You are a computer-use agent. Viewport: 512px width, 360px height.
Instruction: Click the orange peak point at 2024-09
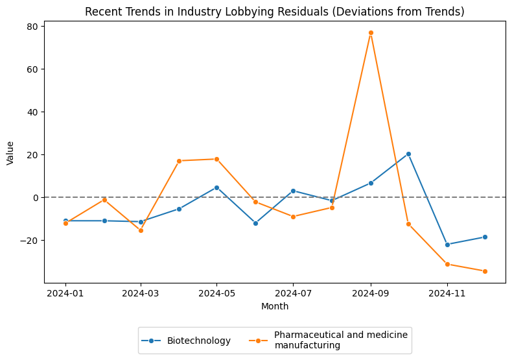(x=371, y=32)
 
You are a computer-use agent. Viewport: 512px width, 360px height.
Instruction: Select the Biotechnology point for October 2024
(x=408, y=154)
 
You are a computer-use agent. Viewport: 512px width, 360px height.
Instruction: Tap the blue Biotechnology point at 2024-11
(x=447, y=245)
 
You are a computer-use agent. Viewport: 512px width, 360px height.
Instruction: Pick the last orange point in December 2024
(x=485, y=271)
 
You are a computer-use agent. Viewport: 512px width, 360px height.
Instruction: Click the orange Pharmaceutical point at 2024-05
(x=216, y=159)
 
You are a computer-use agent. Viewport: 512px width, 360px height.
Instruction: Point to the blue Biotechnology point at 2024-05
(x=216, y=187)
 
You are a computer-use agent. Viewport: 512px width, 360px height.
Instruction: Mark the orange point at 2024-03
(x=141, y=230)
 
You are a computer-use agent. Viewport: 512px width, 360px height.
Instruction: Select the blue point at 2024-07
(x=293, y=191)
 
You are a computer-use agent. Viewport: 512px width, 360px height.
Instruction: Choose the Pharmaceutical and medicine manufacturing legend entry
(x=340, y=340)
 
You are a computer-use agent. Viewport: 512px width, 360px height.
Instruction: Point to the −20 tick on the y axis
(x=30, y=240)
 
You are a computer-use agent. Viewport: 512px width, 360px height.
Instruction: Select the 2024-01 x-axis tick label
(x=65, y=293)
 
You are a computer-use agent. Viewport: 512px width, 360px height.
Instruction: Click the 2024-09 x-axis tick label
(x=371, y=293)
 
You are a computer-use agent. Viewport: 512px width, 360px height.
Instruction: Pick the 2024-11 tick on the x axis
(x=447, y=293)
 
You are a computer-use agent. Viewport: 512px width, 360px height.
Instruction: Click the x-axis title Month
(x=275, y=306)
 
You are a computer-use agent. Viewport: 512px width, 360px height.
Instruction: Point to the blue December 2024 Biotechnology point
(x=485, y=237)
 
